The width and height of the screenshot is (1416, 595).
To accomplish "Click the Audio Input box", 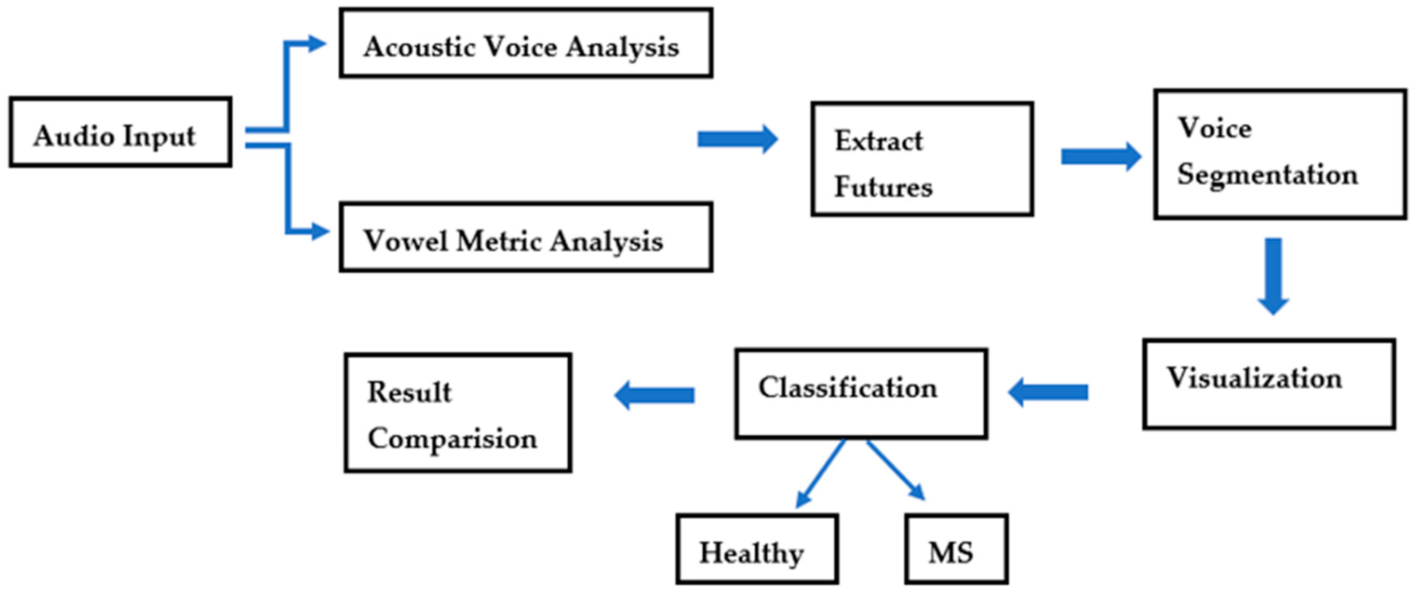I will tap(120, 132).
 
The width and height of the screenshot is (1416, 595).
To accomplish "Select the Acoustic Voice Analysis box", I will tap(525, 43).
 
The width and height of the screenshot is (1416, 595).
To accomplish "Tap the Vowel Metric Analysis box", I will tap(525, 238).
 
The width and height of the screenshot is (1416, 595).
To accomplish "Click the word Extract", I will tap(878, 141).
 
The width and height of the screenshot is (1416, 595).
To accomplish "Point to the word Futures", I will tap(883, 187).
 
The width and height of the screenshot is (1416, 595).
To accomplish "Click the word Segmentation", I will tap(1267, 175).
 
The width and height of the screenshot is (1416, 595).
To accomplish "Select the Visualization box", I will tap(1269, 384).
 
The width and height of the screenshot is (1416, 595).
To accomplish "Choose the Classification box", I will tap(861, 394).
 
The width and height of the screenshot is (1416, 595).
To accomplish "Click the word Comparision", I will tap(452, 439).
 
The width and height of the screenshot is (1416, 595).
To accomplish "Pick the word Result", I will tap(409, 392).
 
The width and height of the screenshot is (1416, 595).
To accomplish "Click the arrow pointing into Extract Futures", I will tap(737, 139).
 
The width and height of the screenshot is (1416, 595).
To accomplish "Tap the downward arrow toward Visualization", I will tap(1274, 275).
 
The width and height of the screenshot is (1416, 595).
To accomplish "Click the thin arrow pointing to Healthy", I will tap(821, 473).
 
